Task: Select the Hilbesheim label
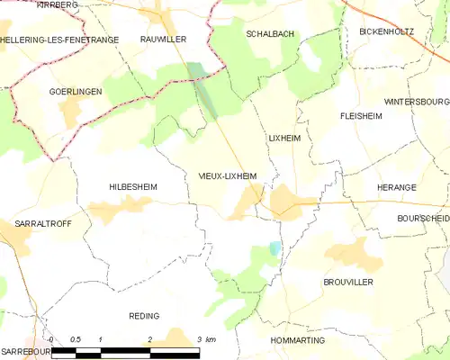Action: click(132, 186)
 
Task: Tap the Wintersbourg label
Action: click(416, 102)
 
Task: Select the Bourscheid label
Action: click(422, 219)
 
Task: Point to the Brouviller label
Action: click(347, 282)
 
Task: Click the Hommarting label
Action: click(297, 341)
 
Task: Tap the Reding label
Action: click(144, 316)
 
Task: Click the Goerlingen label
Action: click(75, 92)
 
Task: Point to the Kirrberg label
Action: click(58, 4)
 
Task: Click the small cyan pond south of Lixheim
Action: click(275, 247)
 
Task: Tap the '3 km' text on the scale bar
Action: click(206, 339)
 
